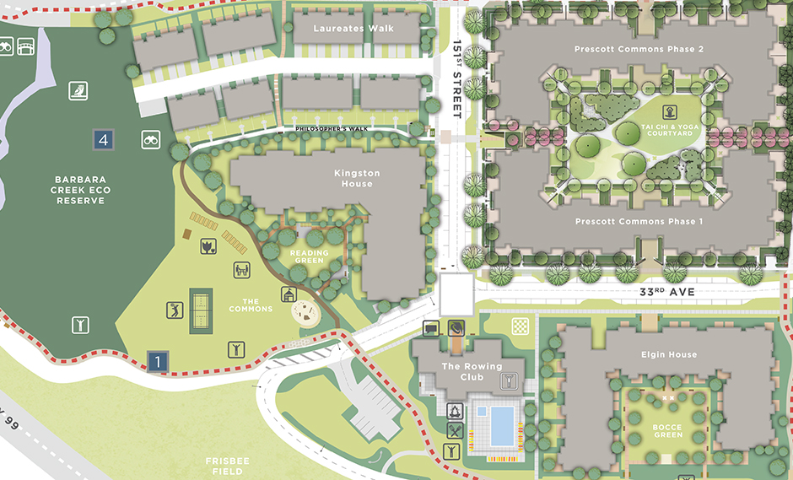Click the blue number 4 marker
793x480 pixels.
pos(104,140)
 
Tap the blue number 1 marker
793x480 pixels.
pos(157,361)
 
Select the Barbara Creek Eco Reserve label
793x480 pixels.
pos(83,190)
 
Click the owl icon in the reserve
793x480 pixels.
pos(80,89)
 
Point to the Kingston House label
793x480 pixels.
pos(357,178)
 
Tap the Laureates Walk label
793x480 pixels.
pos(353,29)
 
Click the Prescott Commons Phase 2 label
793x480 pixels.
pos(639,50)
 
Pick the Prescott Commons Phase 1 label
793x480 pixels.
pos(639,221)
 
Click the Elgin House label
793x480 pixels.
pos(669,354)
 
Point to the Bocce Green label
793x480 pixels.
pos(666,432)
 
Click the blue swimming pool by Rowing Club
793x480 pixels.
pos(502,424)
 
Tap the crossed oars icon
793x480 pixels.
pos(456,430)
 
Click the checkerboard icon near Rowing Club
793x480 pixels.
pos(521,326)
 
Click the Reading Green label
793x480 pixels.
pos(308,256)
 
